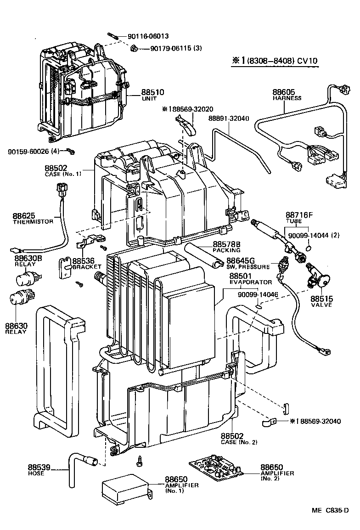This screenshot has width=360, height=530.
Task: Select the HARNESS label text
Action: [x=287, y=98]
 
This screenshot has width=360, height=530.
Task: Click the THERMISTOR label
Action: [x=33, y=221]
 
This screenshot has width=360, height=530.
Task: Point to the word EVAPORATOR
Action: [x=251, y=282]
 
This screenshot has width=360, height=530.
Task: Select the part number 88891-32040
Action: [x=228, y=118]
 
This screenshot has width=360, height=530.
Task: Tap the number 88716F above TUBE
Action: [x=299, y=215]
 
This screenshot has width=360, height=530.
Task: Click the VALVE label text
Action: [x=321, y=305]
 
